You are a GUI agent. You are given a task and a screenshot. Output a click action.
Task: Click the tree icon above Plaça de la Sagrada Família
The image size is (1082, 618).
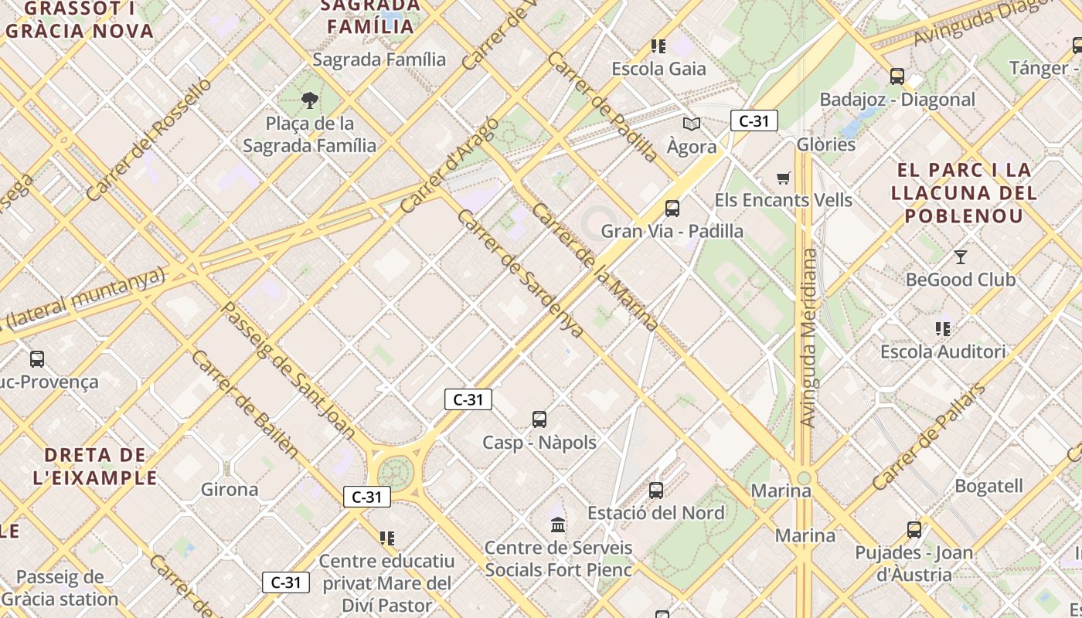(309, 100)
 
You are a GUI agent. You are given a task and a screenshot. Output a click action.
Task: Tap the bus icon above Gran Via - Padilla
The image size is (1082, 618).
(672, 208)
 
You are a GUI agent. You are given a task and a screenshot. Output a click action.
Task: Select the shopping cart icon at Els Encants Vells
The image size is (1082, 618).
(783, 178)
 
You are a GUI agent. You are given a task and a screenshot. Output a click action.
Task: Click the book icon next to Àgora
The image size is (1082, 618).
(691, 124)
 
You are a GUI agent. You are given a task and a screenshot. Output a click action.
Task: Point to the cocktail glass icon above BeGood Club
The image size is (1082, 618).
(961, 256)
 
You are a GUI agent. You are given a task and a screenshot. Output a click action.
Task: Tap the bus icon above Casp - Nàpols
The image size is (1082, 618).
(539, 419)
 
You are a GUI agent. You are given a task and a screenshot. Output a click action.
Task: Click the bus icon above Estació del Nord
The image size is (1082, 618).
(656, 490)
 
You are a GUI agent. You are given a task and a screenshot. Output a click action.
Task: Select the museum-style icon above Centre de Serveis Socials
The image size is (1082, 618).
(558, 525)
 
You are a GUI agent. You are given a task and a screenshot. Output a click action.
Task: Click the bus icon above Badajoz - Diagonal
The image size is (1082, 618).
(897, 76)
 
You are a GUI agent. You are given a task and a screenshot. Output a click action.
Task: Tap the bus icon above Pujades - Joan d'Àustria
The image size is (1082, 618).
(914, 530)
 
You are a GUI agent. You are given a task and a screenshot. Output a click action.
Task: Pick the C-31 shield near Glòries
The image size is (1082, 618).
(754, 121)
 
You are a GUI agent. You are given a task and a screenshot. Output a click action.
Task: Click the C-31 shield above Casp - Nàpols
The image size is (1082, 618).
(468, 399)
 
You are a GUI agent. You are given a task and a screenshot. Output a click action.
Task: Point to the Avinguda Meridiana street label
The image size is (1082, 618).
(808, 338)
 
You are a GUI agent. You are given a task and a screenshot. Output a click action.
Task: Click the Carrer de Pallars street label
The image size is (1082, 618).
(929, 436)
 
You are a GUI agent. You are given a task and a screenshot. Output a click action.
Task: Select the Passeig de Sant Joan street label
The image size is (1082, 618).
(288, 371)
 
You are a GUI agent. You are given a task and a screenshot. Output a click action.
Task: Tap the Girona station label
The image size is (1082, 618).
(230, 489)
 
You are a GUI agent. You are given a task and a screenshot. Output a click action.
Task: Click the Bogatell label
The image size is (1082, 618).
(988, 486)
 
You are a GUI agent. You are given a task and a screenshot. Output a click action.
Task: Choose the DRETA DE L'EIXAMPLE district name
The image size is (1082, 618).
(95, 466)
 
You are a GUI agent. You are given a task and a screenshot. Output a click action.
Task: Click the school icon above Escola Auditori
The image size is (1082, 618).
(943, 329)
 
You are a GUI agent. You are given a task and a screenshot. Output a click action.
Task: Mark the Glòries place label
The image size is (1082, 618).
(826, 144)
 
